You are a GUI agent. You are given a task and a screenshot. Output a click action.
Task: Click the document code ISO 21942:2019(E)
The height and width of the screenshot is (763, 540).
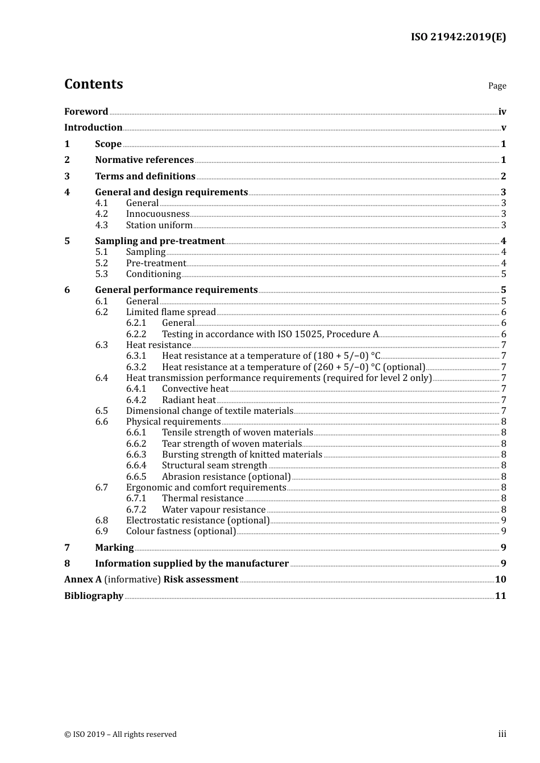click(x=458, y=37)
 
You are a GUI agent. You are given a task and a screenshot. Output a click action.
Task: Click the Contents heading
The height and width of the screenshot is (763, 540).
click(x=93, y=84)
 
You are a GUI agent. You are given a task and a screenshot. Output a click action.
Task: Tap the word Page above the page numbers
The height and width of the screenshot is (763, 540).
click(x=497, y=86)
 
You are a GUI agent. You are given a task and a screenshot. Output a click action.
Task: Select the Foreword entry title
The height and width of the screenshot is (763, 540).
click(x=86, y=111)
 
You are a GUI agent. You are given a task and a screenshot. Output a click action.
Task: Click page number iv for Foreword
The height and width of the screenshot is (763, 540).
click(x=502, y=112)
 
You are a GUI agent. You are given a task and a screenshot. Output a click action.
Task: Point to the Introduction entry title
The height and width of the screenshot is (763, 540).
click(x=93, y=128)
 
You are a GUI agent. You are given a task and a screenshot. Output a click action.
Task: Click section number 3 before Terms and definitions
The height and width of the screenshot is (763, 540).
click(x=67, y=176)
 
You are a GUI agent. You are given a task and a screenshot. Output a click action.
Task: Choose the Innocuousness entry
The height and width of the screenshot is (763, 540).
click(x=157, y=214)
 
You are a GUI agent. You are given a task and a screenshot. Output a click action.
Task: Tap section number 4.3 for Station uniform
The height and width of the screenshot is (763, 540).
click(x=101, y=225)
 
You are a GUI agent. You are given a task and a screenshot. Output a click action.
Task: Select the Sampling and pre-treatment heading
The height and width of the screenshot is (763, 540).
click(x=160, y=241)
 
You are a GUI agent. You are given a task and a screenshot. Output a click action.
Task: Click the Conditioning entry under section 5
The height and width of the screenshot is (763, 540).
click(x=153, y=274)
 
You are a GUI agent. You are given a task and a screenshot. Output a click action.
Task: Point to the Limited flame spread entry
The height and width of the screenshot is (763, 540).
click(x=171, y=312)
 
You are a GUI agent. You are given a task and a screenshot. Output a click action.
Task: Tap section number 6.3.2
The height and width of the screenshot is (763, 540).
click(x=136, y=367)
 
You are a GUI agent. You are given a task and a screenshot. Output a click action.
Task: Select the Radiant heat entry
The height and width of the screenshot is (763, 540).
click(x=189, y=400)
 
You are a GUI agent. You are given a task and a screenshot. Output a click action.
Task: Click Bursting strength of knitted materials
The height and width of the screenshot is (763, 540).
click(x=242, y=455)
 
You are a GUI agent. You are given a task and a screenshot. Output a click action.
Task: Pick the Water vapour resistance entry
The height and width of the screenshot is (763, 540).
click(x=214, y=510)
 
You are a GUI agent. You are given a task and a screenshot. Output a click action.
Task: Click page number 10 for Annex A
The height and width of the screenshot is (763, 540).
click(x=500, y=580)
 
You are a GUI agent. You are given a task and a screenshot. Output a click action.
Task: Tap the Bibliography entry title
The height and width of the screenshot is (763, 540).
click(x=94, y=596)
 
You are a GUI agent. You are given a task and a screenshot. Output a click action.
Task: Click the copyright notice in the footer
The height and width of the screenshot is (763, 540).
click(x=121, y=735)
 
